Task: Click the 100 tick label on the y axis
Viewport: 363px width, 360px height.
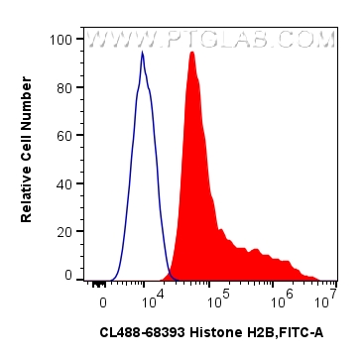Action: point(61,40)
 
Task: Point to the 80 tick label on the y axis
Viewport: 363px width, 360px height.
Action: point(64,87)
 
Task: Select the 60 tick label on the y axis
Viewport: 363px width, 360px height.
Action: point(64,135)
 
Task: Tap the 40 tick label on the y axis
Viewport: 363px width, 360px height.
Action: point(64,183)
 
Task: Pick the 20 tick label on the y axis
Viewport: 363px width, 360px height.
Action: point(64,231)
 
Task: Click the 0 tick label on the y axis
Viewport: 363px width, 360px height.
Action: point(68,275)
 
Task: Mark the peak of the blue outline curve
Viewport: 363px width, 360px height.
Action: point(142,53)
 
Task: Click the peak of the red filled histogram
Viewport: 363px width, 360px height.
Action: point(191,53)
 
